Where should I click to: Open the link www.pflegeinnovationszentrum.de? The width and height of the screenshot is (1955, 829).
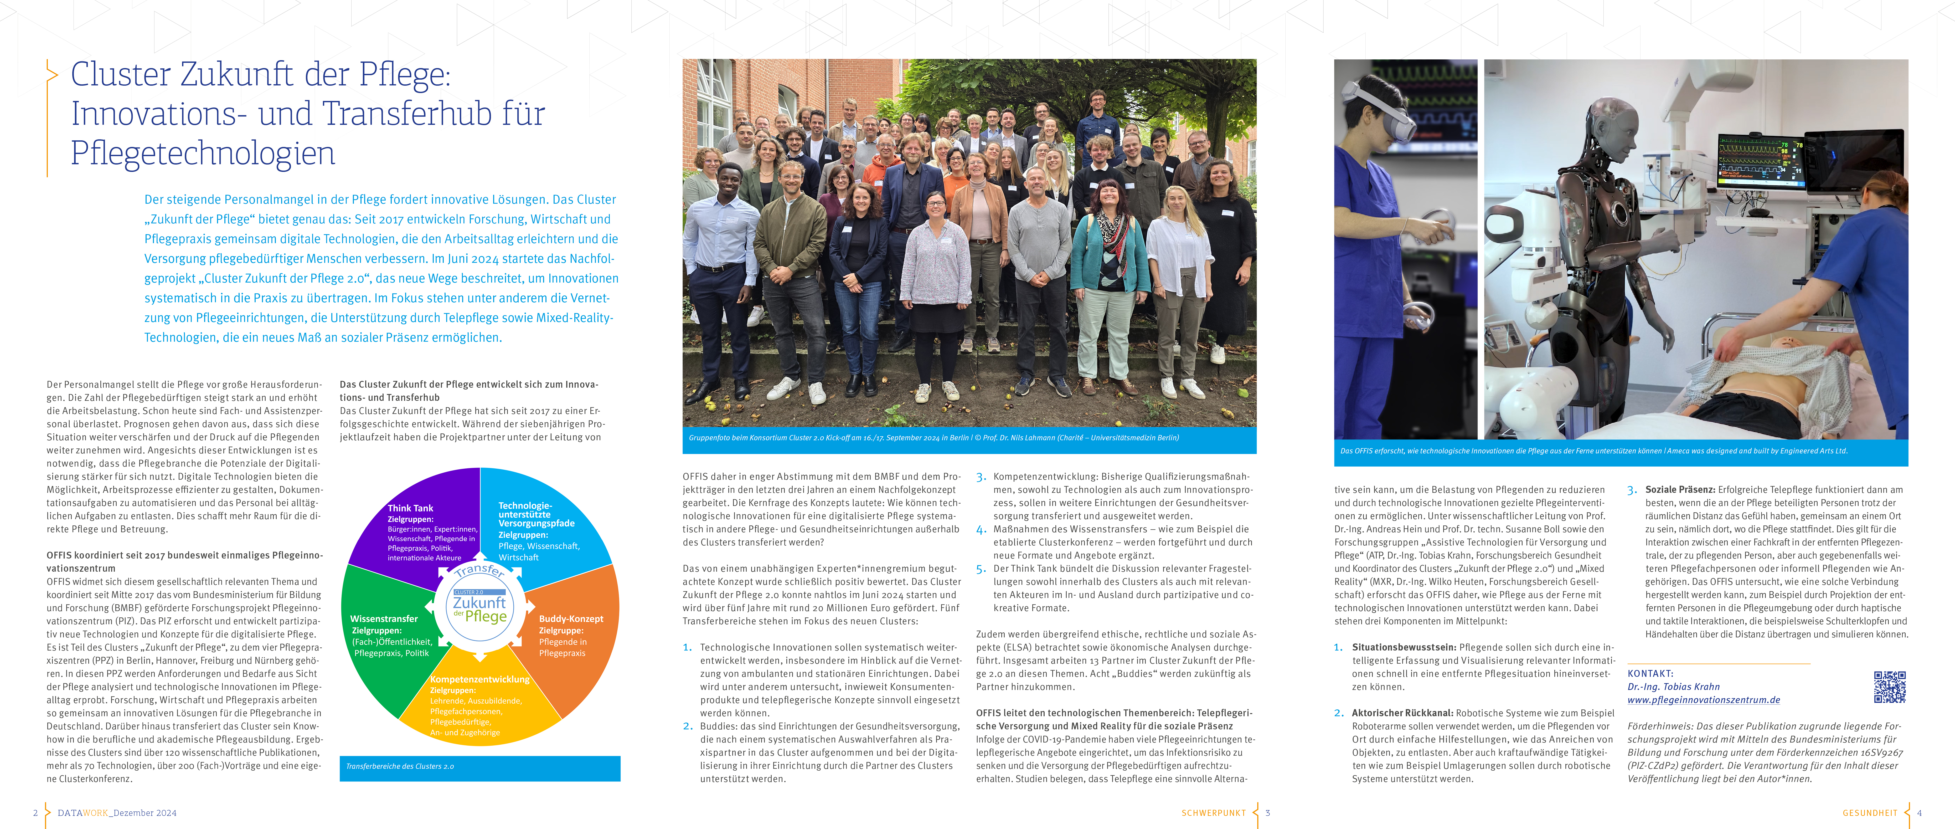[x=1703, y=700]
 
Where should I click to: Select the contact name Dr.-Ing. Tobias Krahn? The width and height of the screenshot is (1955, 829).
[x=1673, y=686]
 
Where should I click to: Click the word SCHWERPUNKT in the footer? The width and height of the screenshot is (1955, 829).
[x=1213, y=813]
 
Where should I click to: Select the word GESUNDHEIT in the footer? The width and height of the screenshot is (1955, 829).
[x=1869, y=813]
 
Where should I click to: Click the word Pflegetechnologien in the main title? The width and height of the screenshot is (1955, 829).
[x=203, y=153]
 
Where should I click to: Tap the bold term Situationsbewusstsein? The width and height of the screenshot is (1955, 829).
[x=1403, y=648]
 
